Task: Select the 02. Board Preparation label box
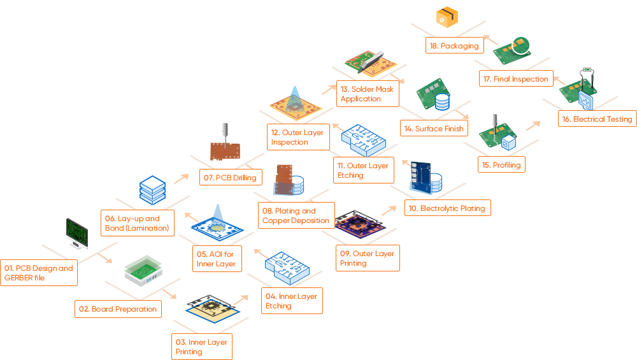click(x=118, y=309)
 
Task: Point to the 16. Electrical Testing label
click(x=596, y=119)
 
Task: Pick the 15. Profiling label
click(x=501, y=165)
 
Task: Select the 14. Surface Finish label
click(x=433, y=129)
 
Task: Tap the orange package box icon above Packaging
click(x=448, y=17)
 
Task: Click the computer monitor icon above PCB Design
click(x=76, y=233)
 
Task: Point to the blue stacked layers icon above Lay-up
click(x=152, y=189)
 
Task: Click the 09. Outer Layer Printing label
click(x=367, y=258)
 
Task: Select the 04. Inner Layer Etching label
click(x=291, y=301)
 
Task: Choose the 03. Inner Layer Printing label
click(x=201, y=347)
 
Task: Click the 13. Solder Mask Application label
click(x=367, y=94)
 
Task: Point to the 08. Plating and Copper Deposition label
click(x=296, y=215)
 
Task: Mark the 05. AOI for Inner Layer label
click(x=217, y=259)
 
